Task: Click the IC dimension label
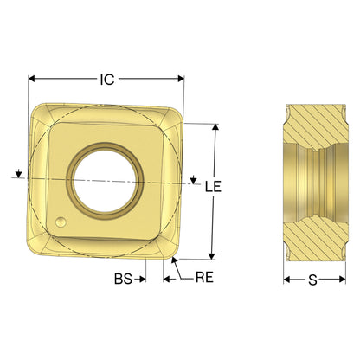point(107,80)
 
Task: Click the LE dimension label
point(213,187)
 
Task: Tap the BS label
point(124,279)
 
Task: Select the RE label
point(204,278)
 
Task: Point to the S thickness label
point(313,280)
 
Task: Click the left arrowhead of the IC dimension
point(31,79)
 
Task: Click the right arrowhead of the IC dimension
point(181,79)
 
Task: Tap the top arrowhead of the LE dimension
point(215,127)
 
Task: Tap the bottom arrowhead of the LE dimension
point(212,256)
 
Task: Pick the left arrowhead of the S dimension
point(286,280)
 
